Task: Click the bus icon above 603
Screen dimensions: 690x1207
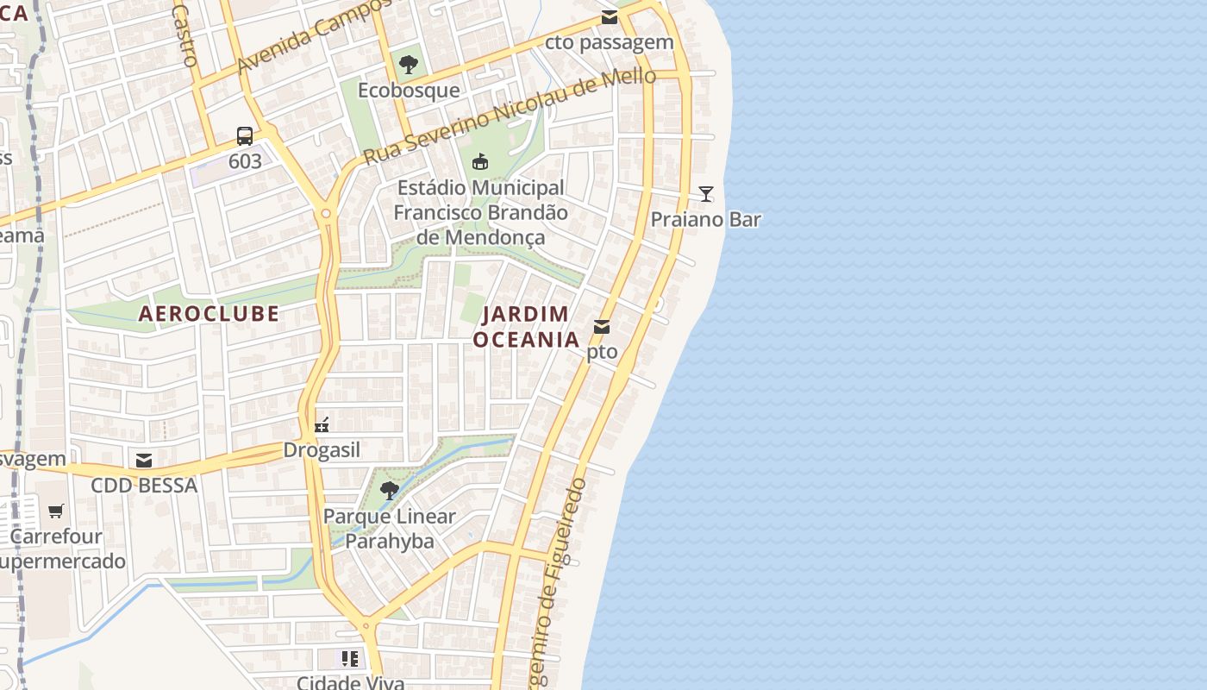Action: tap(245, 136)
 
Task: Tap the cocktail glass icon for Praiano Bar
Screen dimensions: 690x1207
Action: tap(706, 194)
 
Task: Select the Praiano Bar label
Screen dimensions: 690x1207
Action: tap(706, 219)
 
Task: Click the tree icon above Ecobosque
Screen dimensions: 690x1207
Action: tap(409, 64)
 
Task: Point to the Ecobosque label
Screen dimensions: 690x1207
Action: tap(409, 91)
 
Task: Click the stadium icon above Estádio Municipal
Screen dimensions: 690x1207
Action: tap(480, 161)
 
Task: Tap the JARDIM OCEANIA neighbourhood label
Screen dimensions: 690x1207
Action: tap(527, 327)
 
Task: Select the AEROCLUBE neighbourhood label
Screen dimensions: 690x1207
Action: tap(210, 313)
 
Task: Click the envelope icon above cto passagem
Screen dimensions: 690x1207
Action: tap(610, 17)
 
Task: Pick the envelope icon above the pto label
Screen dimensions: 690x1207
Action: tap(602, 327)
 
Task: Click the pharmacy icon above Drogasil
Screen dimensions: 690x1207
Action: tap(322, 424)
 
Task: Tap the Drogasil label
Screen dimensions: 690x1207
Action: tap(322, 450)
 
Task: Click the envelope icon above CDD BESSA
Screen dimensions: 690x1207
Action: tap(144, 460)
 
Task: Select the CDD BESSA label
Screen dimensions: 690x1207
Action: tap(145, 486)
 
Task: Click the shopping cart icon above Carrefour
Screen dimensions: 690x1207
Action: tap(56, 511)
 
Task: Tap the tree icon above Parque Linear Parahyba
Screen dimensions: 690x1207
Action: tap(390, 491)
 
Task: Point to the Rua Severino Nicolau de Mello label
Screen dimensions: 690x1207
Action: tap(510, 116)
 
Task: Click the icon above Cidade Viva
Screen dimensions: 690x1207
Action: tap(349, 659)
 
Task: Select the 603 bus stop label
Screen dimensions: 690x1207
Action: tap(245, 161)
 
